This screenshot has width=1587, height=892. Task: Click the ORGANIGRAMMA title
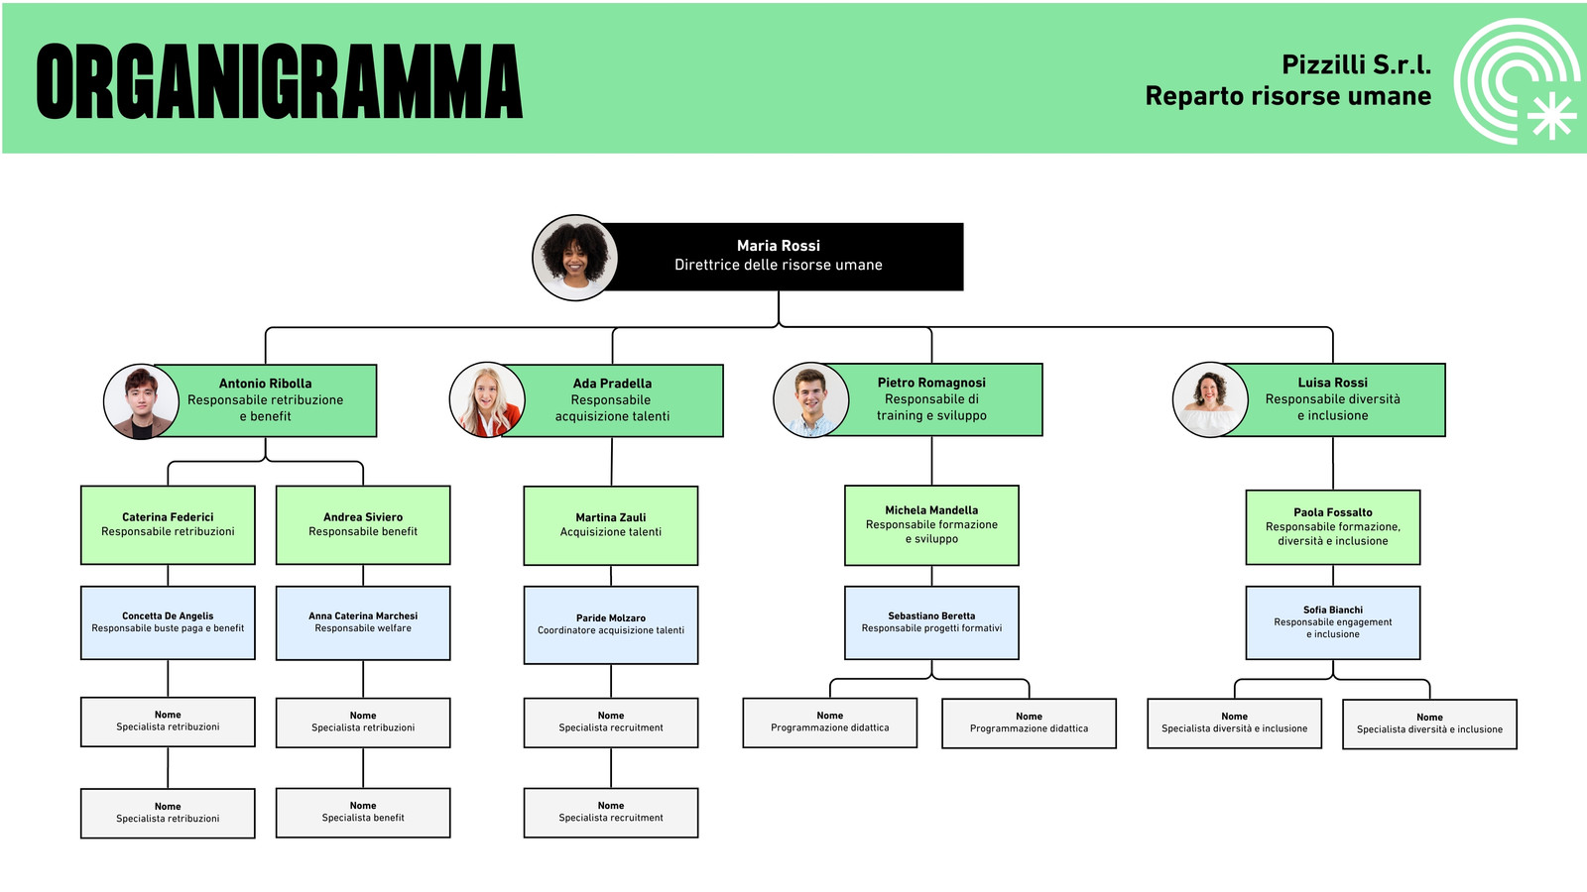pos(279,80)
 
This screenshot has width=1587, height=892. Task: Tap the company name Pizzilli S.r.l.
pos(1356,65)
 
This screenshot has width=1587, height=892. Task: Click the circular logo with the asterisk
pos(1517,80)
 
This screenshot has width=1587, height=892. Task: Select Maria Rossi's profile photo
pos(574,258)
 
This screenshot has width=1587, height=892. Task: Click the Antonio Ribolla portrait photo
pos(141,401)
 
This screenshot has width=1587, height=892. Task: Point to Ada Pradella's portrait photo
pos(487,400)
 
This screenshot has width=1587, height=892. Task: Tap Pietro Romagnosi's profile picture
pos(810,400)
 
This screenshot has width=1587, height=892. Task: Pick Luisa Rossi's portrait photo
pos(1210,400)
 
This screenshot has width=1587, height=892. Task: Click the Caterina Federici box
pos(168,524)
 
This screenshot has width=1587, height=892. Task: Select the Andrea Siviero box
pos(363,524)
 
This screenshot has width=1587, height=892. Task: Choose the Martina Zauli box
pos(611,525)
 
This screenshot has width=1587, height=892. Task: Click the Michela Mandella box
pos(931,525)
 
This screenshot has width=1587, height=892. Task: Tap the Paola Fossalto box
pos(1333,527)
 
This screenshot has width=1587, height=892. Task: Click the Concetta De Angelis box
pos(168,623)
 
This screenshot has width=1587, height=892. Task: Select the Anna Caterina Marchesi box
pos(363,623)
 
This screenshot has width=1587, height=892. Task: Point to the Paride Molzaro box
pos(611,625)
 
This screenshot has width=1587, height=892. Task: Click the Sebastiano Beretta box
pos(931,623)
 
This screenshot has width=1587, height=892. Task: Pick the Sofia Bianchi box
pos(1333,623)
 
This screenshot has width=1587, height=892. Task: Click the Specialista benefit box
pos(363,813)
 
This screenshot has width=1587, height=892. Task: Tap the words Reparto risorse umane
pos(1288,96)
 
